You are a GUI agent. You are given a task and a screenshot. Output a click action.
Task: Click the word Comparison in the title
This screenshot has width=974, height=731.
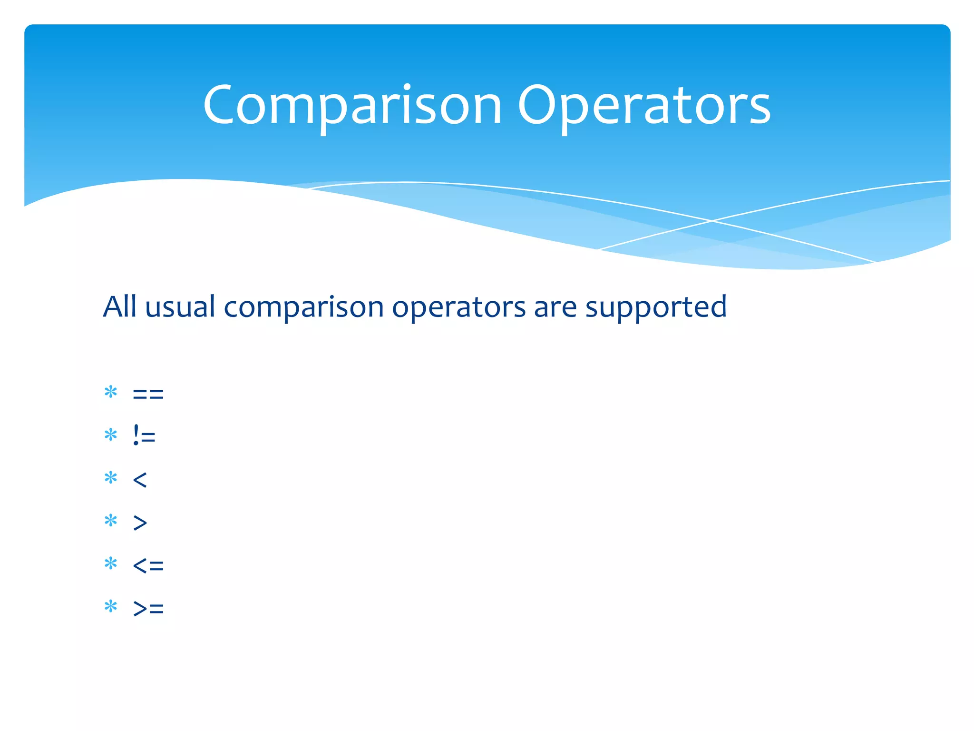(352, 106)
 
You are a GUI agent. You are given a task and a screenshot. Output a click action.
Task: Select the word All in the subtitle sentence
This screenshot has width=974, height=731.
(120, 306)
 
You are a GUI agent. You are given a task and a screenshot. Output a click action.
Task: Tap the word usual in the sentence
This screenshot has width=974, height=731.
(180, 306)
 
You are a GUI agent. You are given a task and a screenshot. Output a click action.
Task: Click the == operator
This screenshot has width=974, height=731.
(148, 394)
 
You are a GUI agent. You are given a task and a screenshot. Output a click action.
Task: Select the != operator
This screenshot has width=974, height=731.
(144, 435)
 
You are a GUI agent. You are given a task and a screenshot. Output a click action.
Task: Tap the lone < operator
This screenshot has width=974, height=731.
(140, 479)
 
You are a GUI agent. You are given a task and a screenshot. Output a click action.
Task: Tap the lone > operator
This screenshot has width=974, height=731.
(140, 523)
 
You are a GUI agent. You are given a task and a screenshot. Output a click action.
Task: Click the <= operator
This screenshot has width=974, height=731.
(148, 565)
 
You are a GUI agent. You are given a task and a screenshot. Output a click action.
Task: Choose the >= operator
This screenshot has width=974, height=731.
(148, 608)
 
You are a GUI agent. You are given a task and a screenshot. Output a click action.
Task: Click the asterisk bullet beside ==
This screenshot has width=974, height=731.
(111, 392)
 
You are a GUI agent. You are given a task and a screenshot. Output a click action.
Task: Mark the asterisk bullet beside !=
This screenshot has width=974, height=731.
(111, 435)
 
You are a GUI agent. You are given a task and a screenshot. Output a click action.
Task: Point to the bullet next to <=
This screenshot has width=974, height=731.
(111, 563)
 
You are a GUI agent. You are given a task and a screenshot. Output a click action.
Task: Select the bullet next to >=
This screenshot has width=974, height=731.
(111, 606)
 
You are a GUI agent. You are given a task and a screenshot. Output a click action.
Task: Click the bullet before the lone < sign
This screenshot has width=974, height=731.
(111, 478)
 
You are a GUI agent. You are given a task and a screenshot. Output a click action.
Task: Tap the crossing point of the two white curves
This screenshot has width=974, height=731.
(712, 221)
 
